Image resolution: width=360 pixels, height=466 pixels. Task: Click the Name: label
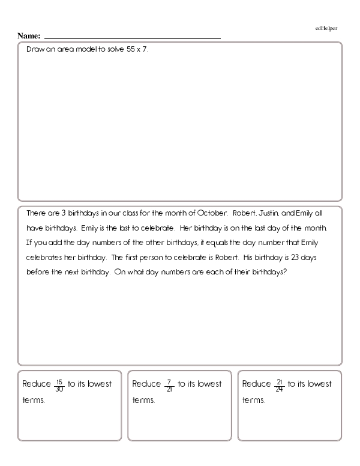(x=29, y=36)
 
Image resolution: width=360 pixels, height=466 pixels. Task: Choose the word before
(x=38, y=271)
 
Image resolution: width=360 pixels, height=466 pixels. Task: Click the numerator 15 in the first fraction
(x=59, y=381)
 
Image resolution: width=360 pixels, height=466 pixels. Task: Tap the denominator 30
(x=59, y=389)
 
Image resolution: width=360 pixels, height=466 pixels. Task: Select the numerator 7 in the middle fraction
(x=170, y=381)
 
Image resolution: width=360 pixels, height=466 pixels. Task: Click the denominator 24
(x=280, y=389)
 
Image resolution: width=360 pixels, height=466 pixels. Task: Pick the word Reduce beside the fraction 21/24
(x=257, y=384)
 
